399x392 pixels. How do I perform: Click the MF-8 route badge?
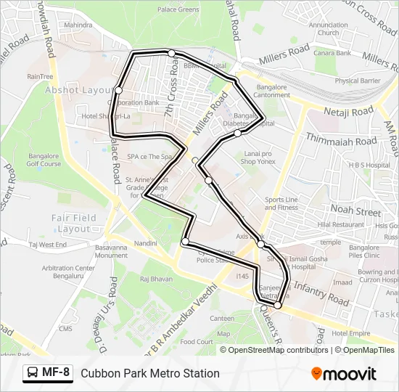48,373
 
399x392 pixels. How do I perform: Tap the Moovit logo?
344,374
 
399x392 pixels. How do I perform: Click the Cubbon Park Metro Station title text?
150,373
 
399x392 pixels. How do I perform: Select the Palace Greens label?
178,9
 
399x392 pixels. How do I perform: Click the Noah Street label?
355,211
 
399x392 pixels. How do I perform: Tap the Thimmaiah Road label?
341,139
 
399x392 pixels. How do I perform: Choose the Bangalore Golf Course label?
44,160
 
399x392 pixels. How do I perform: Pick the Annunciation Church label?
328,28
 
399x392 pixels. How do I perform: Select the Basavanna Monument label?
112,251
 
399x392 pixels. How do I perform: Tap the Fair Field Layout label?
74,223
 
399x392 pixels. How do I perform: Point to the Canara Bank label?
333,53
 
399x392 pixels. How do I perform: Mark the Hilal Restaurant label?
341,225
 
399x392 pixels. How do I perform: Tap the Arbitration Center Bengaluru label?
68,272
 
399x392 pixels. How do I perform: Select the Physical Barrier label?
357,81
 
